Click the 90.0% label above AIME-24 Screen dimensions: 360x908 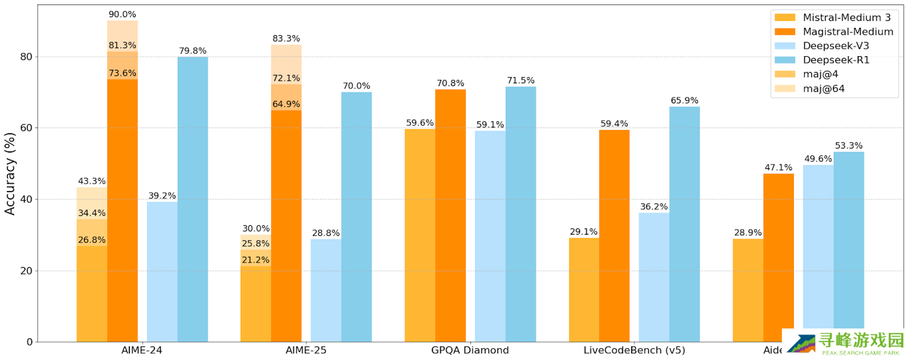[x=122, y=15]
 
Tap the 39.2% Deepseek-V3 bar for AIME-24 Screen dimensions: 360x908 [x=162, y=271]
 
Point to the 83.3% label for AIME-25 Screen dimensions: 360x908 [x=286, y=38]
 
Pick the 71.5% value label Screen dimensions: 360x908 [x=520, y=80]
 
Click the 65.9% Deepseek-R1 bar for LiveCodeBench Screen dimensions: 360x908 [x=684, y=224]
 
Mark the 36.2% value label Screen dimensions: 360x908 [x=654, y=206]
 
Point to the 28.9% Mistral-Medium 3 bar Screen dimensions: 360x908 [x=748, y=290]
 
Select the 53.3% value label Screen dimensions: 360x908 [x=848, y=146]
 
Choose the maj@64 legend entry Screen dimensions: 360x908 [x=824, y=88]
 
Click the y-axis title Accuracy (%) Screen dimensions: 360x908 [x=10, y=173]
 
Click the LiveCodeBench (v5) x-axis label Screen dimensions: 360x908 [x=634, y=351]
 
